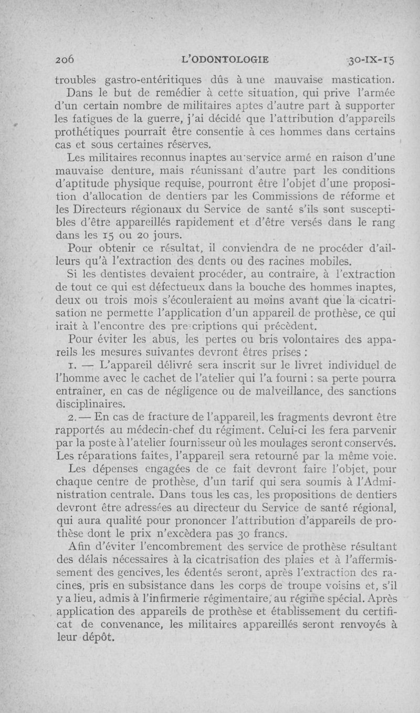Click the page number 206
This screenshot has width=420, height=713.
[67, 59]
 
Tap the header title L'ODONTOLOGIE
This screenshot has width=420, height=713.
[225, 59]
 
